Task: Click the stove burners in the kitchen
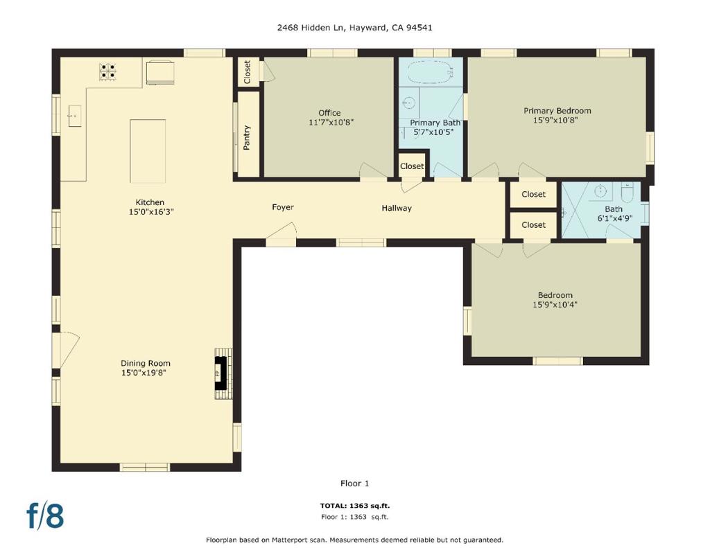(107, 72)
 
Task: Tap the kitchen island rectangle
(148, 150)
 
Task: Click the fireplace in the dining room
(221, 373)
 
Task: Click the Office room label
(329, 113)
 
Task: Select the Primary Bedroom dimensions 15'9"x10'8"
(557, 120)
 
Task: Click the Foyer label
(282, 207)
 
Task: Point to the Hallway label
(397, 208)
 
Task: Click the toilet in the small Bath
(627, 191)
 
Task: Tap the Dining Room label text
(145, 363)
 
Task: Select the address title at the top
(354, 28)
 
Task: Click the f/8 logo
(45, 515)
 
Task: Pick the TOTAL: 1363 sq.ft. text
(354, 506)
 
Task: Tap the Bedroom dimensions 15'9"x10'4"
(555, 304)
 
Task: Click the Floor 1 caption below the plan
(354, 483)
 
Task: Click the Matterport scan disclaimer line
(354, 540)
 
